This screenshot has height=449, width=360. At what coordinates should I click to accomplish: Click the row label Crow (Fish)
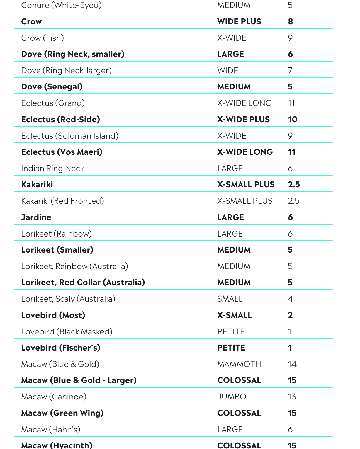tap(43, 38)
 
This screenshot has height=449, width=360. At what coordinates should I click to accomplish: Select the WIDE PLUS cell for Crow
tap(239, 22)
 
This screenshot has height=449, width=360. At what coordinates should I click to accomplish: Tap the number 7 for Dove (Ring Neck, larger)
tap(290, 70)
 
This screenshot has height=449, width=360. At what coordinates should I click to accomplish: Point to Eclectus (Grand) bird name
tap(53, 103)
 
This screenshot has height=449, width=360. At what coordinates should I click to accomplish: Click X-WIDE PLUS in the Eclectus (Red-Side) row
tap(243, 120)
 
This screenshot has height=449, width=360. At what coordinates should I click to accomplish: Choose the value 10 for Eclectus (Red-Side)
tap(293, 120)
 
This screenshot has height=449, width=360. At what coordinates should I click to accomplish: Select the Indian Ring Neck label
tap(52, 169)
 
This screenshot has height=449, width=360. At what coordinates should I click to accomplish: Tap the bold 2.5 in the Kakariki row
tap(294, 185)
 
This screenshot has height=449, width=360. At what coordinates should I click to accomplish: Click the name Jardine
tap(36, 217)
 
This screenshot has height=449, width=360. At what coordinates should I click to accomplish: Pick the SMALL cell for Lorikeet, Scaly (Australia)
tap(230, 299)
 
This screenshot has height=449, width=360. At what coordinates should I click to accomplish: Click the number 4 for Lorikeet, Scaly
tap(291, 299)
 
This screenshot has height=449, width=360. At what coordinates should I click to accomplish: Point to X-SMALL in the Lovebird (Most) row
tap(234, 315)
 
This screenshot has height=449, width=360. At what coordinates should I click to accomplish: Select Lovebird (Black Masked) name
tap(67, 332)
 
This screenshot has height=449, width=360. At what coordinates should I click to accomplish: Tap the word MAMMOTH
tap(239, 364)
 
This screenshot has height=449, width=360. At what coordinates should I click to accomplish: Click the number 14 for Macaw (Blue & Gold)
tap(292, 364)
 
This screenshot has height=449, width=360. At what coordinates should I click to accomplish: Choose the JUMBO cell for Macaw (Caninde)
tap(232, 397)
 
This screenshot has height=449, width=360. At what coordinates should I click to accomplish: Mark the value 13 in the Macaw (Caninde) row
tap(292, 397)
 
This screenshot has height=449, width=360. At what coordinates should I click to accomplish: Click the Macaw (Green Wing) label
tap(62, 413)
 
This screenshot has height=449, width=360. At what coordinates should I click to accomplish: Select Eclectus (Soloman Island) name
tap(70, 136)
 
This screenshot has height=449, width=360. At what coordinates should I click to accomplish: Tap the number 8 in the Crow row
tap(291, 22)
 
